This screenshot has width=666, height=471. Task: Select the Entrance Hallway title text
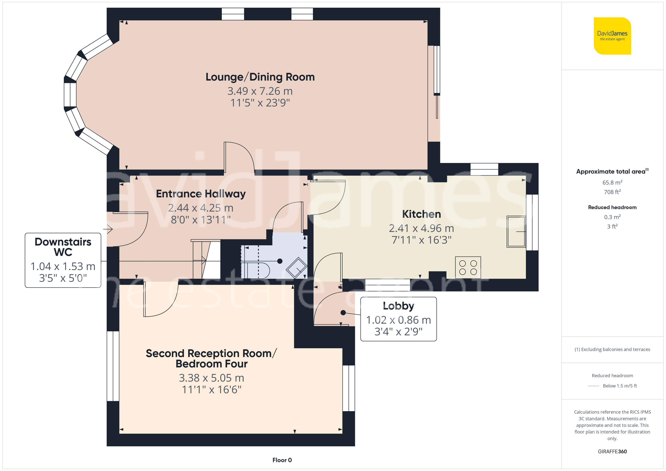(201, 194)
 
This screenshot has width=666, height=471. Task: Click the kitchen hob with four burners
(468, 267)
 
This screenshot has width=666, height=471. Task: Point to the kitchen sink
(516, 231)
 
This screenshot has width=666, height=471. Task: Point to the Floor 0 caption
(282, 460)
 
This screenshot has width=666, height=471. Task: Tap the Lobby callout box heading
(398, 306)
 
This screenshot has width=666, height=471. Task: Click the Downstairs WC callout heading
(63, 247)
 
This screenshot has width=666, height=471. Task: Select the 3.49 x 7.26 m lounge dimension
(260, 91)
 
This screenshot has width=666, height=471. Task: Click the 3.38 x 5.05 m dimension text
(211, 378)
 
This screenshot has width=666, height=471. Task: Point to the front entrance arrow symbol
(108, 229)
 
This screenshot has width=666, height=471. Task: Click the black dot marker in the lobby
(343, 313)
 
